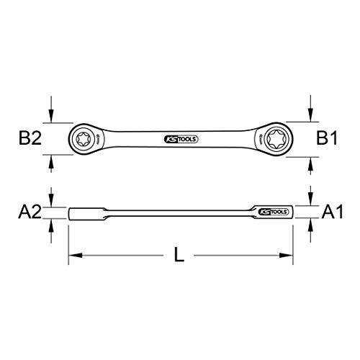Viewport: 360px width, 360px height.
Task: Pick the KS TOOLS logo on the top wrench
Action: click(181, 139)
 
